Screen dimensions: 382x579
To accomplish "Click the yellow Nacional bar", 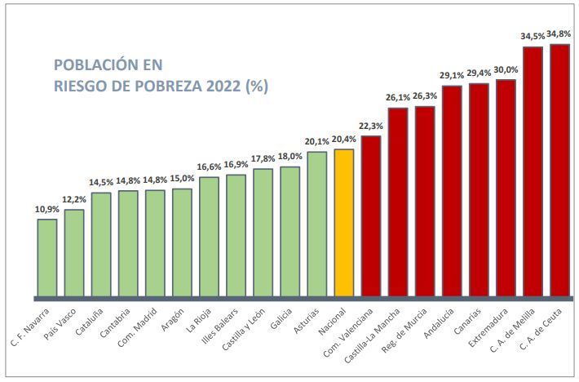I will (344, 222).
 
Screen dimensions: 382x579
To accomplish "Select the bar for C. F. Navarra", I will (47, 257).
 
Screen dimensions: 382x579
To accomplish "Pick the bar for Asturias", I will (317, 224).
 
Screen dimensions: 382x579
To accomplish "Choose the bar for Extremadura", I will (506, 188).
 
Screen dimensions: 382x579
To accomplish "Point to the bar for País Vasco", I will (74, 252).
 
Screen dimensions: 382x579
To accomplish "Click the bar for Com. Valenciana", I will (371, 215).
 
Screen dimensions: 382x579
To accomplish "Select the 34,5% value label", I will (533, 37).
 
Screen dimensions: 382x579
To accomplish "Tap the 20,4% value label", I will (344, 139).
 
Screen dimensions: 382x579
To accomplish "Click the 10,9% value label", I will (47, 209).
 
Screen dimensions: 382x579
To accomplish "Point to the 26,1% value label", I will (398, 98).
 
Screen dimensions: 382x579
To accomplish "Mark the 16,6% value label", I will (209, 167).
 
